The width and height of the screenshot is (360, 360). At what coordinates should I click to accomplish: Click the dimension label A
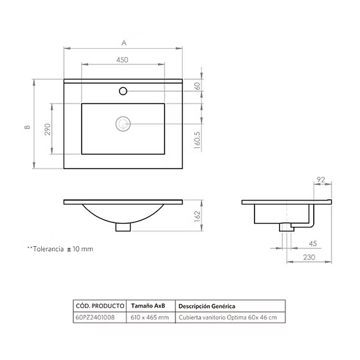tap(124, 43)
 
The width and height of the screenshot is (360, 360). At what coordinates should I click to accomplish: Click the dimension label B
tap(28, 127)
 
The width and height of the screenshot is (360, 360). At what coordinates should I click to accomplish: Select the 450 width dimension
tap(122, 60)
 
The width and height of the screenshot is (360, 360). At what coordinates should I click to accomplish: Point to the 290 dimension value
tap(48, 129)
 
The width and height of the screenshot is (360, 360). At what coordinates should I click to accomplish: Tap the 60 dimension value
tap(197, 86)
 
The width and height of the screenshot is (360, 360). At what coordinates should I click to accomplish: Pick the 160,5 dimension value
tap(197, 140)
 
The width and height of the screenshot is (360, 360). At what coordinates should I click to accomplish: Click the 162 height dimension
tap(197, 216)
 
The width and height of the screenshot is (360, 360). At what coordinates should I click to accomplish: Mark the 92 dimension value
tap(321, 179)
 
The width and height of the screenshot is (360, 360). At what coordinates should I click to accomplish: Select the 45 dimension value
tap(312, 244)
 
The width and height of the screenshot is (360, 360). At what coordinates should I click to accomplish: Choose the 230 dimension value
tap(309, 257)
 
